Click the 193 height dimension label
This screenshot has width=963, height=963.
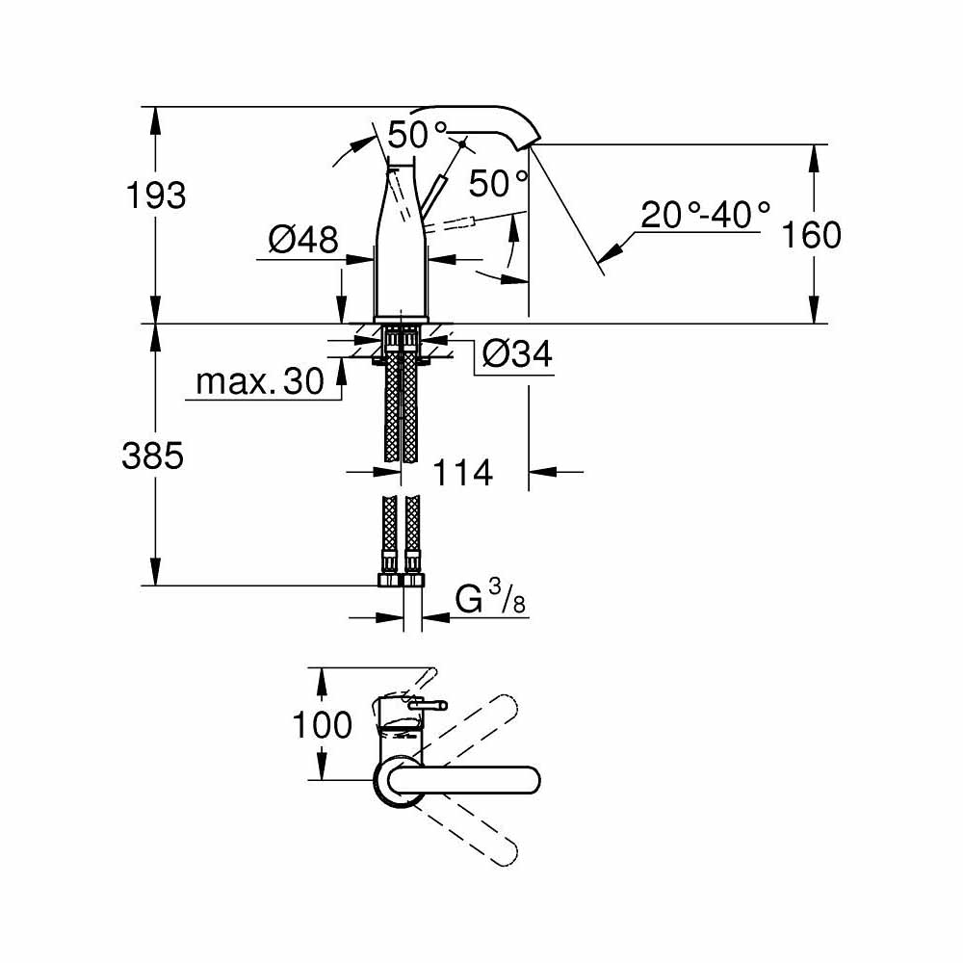(x=156, y=195)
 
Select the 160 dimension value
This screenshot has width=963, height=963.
(x=812, y=234)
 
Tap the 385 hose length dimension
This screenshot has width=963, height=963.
(x=152, y=455)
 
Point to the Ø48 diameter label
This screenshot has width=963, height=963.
(x=303, y=239)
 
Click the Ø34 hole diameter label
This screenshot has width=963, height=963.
(x=516, y=354)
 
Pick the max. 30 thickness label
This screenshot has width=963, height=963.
(x=260, y=382)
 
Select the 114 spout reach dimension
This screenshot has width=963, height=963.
(x=462, y=472)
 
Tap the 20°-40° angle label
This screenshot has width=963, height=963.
(x=706, y=214)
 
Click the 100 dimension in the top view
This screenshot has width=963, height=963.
(x=323, y=724)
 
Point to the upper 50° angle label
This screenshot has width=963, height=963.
(x=419, y=135)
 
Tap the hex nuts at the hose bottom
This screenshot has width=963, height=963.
(x=400, y=581)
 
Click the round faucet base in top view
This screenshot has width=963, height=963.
(x=395, y=781)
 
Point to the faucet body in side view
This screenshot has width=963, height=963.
(x=401, y=250)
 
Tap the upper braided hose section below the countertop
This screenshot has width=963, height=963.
(x=401, y=404)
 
